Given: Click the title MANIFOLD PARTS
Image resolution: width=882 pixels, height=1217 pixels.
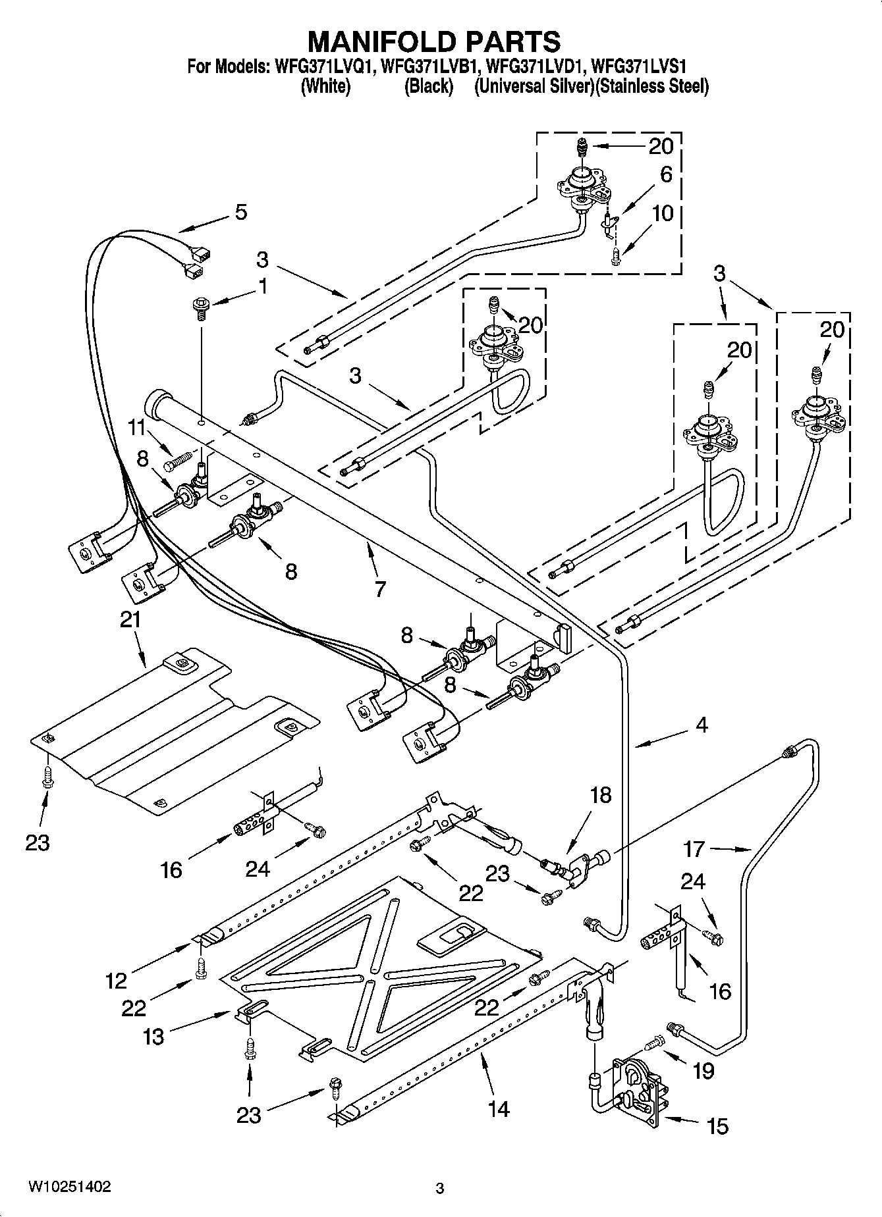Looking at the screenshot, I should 435,41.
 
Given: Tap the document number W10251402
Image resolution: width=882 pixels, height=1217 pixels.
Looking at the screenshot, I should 69,1186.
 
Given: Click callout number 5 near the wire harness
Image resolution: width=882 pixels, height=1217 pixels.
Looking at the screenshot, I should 241,212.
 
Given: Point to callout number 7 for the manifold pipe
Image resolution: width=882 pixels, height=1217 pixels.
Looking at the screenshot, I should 380,588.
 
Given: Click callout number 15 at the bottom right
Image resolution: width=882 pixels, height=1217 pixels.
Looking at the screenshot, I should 717,1126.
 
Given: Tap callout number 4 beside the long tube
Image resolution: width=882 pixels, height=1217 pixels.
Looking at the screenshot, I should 702,725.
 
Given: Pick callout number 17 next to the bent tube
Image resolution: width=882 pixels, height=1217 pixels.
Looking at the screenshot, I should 694,848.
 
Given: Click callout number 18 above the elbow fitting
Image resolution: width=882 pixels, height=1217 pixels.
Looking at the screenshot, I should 601,796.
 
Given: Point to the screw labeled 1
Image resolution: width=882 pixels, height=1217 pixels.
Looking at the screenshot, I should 198,306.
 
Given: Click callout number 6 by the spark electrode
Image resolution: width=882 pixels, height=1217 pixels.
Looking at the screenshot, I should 666,174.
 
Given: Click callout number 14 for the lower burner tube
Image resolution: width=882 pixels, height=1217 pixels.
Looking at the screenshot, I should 499,1109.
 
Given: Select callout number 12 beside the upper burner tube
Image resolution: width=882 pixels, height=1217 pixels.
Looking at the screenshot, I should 116,981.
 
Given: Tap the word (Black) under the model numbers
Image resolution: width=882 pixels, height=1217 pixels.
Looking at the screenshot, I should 428,86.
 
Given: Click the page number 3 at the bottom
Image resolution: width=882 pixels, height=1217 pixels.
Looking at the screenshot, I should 440,1188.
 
